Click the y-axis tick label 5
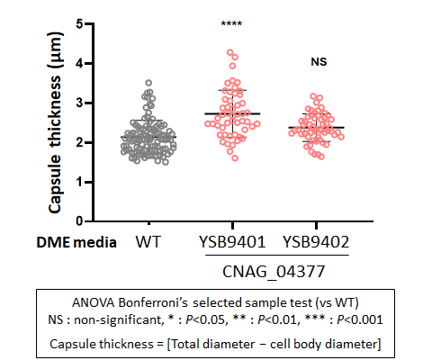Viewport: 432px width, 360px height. coord(79,23)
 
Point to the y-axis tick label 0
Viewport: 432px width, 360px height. coord(79,221)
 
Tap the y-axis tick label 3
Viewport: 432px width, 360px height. coord(79,103)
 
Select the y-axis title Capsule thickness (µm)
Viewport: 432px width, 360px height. coord(55,122)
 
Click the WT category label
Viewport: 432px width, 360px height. coord(148,241)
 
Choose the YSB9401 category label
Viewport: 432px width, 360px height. coord(232,242)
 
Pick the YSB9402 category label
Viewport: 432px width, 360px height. coord(316,242)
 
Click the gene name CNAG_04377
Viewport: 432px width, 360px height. coord(274,272)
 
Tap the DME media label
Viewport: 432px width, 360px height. coord(76,242)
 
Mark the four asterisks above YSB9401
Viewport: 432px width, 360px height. coord(231,23)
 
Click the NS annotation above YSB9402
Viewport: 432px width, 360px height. coord(319,62)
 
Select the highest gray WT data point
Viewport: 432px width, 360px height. coord(148,83)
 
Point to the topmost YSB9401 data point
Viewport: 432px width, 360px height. coord(230,52)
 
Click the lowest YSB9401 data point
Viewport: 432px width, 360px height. coord(235,158)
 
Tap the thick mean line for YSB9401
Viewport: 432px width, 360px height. coord(232,113)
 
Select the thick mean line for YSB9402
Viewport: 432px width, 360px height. coord(317,128)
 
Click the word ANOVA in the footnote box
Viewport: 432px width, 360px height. coord(94,302)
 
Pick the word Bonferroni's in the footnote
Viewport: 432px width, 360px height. coord(153,302)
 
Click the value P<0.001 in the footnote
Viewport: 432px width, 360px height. coord(360,319)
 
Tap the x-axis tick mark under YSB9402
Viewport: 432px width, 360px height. coord(316,226)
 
